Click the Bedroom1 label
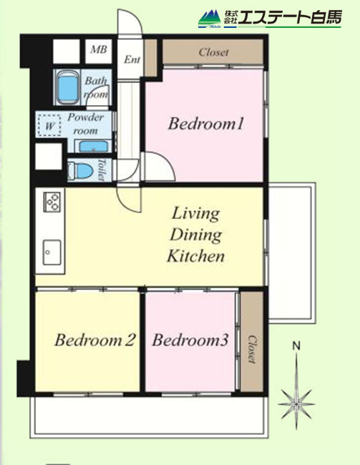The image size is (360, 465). point(205,123)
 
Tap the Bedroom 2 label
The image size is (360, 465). point(95,340)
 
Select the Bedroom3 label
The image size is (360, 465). point(190,340)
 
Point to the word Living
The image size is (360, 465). point(196,213)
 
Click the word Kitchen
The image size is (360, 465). point(195,256)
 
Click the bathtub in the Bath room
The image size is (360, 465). point(69,87)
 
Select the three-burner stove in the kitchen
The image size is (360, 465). point(52,202)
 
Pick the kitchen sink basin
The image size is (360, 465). point(52,253)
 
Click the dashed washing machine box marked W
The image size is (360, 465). point(49,126)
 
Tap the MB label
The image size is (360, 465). point(99,49)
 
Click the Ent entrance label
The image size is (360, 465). point(132,59)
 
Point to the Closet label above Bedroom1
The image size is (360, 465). point(214,52)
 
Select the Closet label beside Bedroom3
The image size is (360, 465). point(252,349)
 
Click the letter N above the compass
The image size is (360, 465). point(296,346)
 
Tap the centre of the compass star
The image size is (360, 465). point(296,404)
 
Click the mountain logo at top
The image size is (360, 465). point(210,19)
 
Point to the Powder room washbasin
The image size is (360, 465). point(94,146)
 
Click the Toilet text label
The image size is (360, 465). point(102,170)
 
